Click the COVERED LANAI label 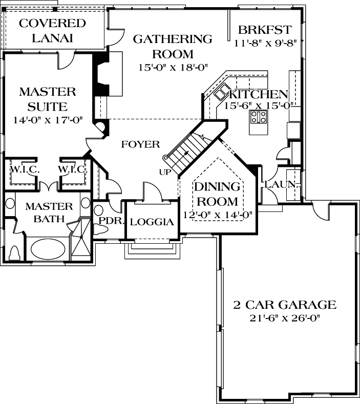pos(52,30)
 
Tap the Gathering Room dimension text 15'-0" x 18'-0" pos(165,67)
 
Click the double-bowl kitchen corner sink pos(222,93)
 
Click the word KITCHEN pos(258,95)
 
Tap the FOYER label pos(140,145)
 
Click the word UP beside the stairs pos(165,172)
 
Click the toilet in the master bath pos(14,252)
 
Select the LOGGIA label pos(152,222)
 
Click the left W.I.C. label pos(22,169)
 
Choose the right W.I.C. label pos(71,169)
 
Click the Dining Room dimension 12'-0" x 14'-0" pos(218,215)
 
